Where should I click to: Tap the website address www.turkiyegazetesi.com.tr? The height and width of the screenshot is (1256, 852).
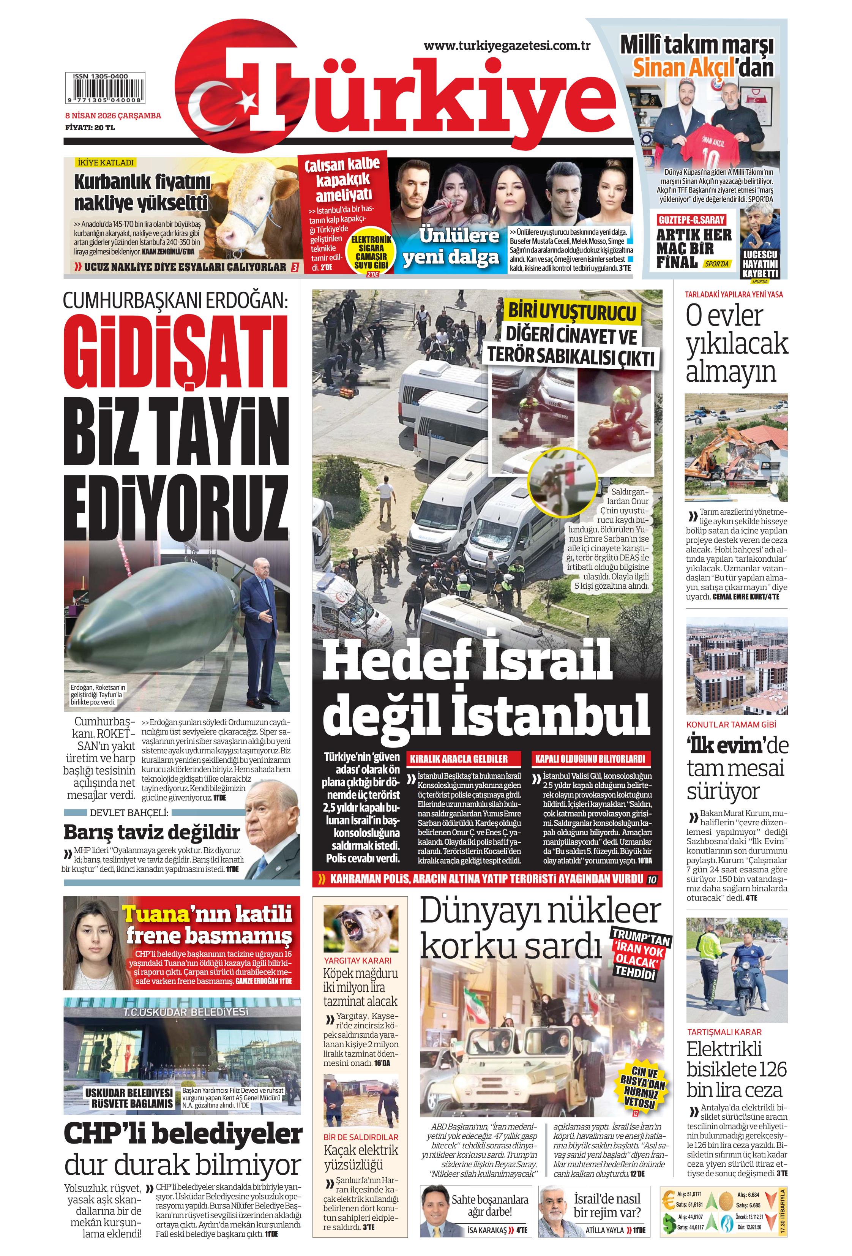click(506, 46)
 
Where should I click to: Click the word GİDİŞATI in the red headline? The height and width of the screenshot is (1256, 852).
click(176, 351)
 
